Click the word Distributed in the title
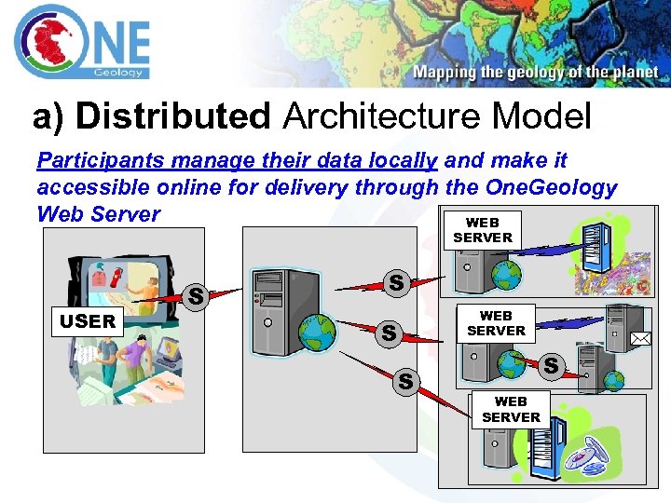coord(172,117)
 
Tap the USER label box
coord(89,322)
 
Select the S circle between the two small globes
coord(551,366)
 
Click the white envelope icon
coord(640,340)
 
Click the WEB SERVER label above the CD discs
coord(511,410)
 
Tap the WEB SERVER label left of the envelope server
coord(496,323)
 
